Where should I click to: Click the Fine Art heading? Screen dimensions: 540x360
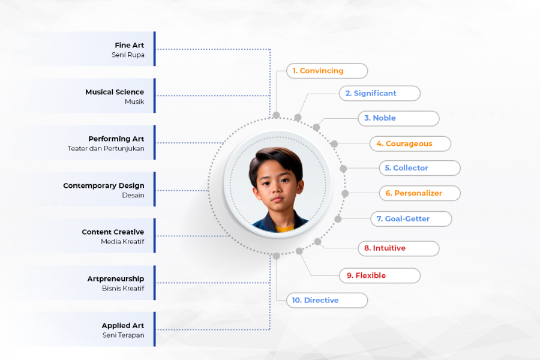[130, 45]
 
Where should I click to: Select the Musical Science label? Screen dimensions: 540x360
[115, 92]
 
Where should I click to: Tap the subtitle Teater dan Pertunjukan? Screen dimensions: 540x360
[106, 148]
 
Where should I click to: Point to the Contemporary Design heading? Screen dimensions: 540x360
[104, 185]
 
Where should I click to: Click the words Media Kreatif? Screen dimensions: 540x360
[122, 241]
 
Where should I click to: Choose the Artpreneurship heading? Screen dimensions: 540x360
[116, 278]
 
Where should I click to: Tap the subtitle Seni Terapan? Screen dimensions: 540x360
[123, 335]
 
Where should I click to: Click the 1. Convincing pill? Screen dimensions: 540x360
[327, 71]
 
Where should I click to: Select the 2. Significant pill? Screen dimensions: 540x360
[380, 94]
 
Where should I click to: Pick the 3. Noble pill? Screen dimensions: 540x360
[399, 118]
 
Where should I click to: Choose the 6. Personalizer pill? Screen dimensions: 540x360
[420, 193]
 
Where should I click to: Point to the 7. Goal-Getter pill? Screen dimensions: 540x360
[411, 219]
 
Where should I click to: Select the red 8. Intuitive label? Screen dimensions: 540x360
[385, 248]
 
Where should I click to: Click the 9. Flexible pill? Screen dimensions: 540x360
[380, 275]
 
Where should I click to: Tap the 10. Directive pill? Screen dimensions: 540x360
[327, 301]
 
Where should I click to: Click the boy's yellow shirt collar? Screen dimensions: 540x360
[284, 228]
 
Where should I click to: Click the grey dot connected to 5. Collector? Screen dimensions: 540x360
[343, 169]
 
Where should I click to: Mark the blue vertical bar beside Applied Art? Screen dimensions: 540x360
[155, 329]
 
